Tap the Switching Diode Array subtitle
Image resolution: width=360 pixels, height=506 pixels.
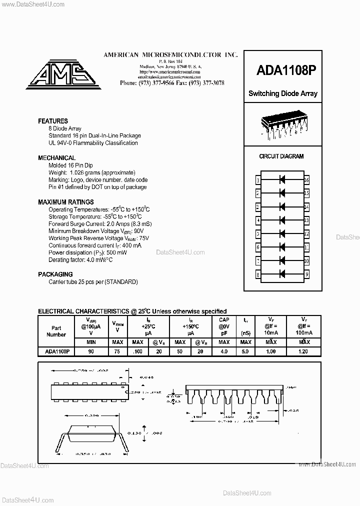click(x=282, y=93)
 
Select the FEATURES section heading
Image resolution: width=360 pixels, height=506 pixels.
click(x=53, y=121)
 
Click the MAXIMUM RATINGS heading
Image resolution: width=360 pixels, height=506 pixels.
click(x=65, y=202)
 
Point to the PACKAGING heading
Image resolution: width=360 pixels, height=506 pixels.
click(x=55, y=274)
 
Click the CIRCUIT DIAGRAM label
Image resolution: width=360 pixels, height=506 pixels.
click(x=281, y=156)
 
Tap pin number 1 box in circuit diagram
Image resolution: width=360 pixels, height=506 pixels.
click(x=258, y=179)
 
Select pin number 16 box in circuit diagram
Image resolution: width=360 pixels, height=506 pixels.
click(x=306, y=179)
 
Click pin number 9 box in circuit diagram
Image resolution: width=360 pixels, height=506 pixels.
click(x=306, y=274)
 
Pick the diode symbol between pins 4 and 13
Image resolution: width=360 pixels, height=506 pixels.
click(x=282, y=220)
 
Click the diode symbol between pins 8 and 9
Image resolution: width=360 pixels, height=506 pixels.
click(x=282, y=274)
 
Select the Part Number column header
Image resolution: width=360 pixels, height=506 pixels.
click(x=56, y=331)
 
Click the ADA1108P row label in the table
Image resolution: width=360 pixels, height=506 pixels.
click(x=56, y=351)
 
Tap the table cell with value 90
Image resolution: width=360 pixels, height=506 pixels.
click(x=91, y=351)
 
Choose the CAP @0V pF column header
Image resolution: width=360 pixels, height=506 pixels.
click(x=224, y=326)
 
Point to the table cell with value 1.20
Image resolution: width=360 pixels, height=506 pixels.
click(x=303, y=351)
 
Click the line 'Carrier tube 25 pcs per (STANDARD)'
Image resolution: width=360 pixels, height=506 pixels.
click(x=93, y=282)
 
